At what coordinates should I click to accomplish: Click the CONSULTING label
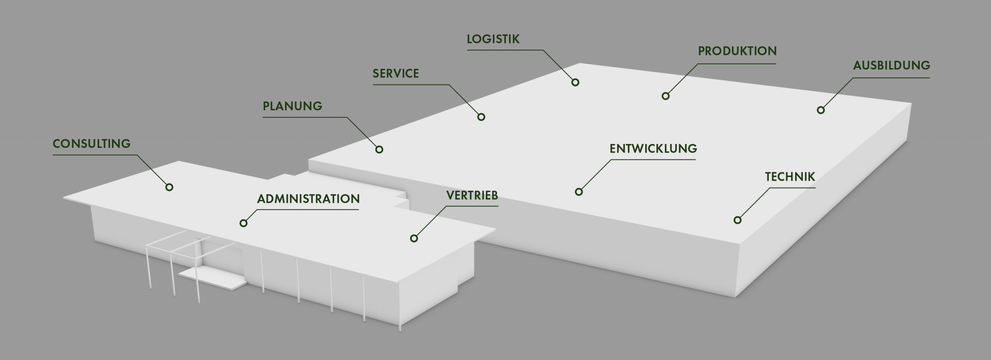click(92, 144)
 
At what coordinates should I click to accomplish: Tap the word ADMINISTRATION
click(309, 199)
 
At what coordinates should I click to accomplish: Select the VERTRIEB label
click(472, 195)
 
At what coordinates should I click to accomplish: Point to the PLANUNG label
click(292, 106)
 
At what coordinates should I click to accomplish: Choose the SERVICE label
click(396, 74)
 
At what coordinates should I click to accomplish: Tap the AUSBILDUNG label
click(891, 65)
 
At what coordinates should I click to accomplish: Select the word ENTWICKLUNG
click(653, 149)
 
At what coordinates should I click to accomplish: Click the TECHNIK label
click(790, 177)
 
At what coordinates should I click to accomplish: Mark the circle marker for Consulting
click(169, 187)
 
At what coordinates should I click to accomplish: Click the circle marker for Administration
click(243, 223)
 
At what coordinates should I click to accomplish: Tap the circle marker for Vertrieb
click(414, 238)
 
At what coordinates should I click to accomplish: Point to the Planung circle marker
click(379, 149)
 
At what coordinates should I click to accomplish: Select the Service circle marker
click(481, 117)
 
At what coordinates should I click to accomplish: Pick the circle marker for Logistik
click(575, 82)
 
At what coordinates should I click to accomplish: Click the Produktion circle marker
click(665, 96)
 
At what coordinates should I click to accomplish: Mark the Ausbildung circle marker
click(821, 110)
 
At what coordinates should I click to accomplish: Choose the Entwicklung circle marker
click(579, 192)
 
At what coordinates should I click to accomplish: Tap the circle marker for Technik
click(737, 220)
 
